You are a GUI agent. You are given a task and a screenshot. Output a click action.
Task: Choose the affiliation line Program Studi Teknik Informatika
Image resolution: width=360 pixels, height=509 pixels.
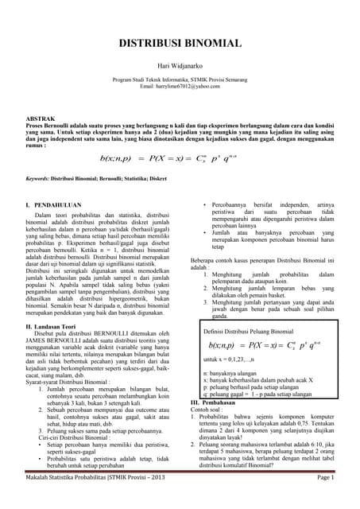tap(180, 80)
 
